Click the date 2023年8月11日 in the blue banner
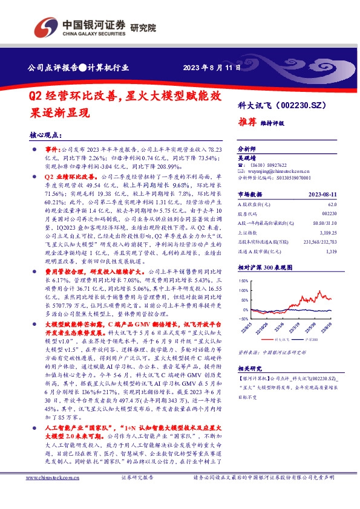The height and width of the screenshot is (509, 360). pyautogui.click(x=210, y=66)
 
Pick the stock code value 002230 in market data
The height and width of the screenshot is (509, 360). pyautogui.click(x=329, y=214)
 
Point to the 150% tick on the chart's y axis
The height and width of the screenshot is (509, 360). pyautogui.click(x=243, y=281)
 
